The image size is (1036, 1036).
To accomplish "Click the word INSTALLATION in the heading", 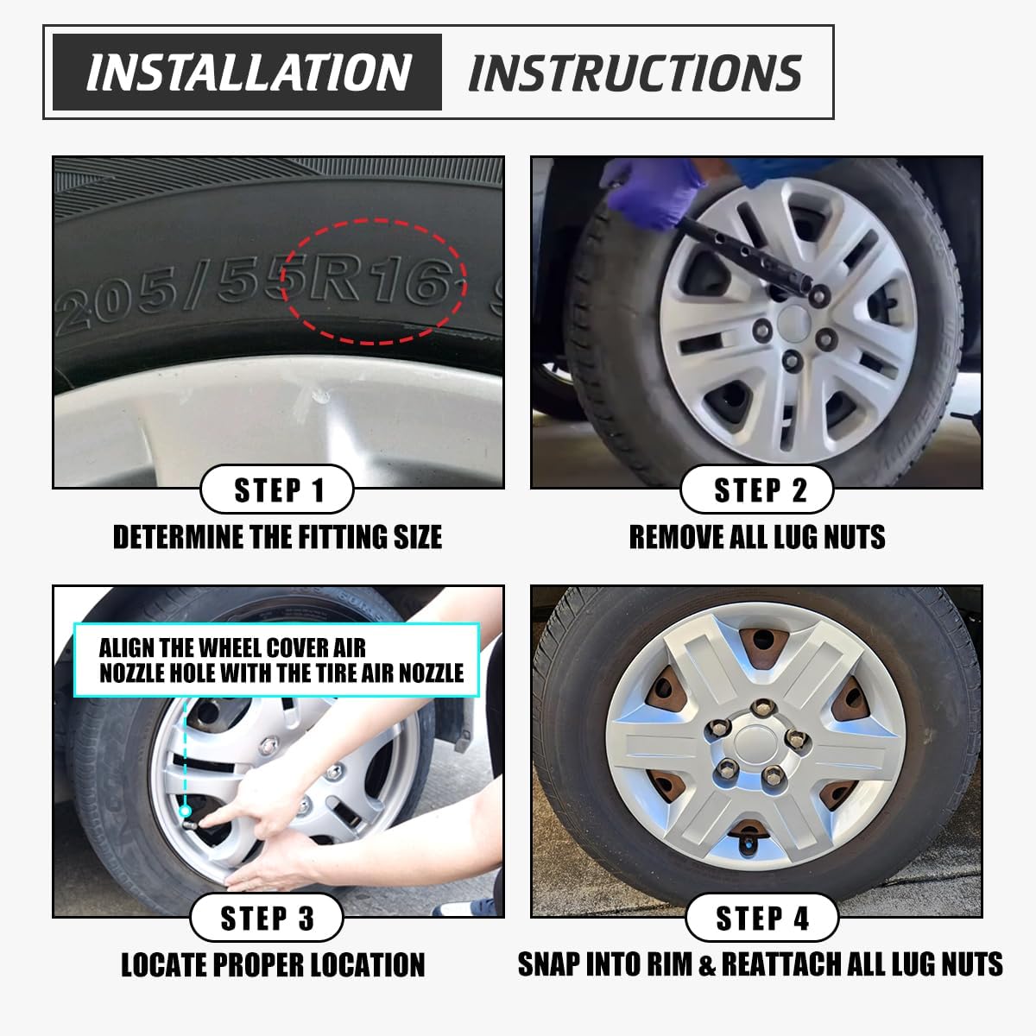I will tap(247, 73).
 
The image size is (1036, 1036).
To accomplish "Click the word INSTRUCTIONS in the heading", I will tap(635, 73).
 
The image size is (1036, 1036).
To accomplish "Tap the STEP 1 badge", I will tap(277, 490).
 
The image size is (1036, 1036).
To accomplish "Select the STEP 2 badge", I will tap(757, 490).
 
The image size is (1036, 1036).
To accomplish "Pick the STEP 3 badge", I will tap(267, 918).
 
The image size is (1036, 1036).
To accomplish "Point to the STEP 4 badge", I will tap(761, 918).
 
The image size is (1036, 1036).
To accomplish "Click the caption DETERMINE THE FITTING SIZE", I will tap(277, 537).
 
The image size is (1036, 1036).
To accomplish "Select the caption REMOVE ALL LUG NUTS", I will tap(757, 537).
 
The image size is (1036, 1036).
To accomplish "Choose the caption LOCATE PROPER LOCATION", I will tap(273, 964).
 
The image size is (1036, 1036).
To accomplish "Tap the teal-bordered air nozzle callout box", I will tap(276, 660).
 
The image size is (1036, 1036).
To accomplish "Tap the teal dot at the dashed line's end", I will tap(185, 811).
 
